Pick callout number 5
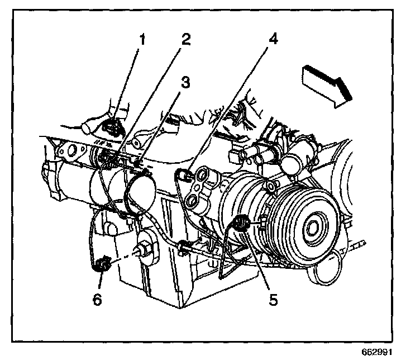pyautogui.click(x=273, y=300)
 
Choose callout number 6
pyautogui.click(x=98, y=300)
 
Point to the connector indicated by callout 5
pyautogui.click(x=242, y=225)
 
